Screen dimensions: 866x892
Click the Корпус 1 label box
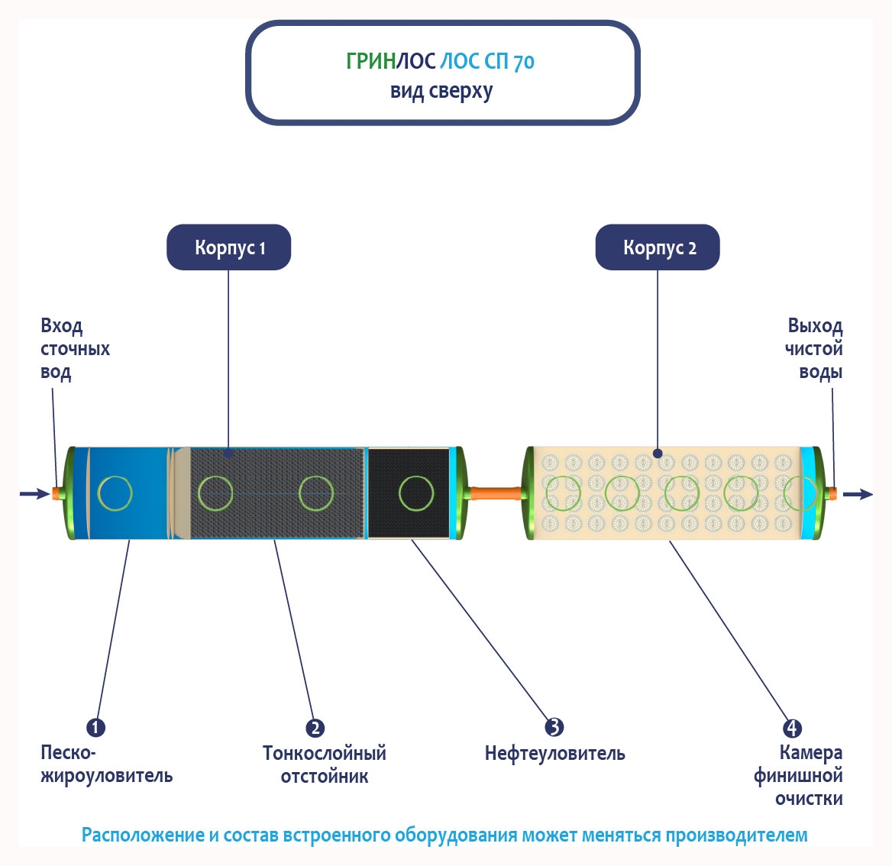[229, 247]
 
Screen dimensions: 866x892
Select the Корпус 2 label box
[658, 247]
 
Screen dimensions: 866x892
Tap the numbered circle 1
[95, 727]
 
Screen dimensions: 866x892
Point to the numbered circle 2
[315, 728]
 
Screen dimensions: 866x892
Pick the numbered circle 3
[554, 727]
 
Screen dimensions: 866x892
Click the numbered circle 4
[793, 728]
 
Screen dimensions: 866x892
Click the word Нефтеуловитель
[554, 754]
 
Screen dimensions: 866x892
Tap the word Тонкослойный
[325, 754]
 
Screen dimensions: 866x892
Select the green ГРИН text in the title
[370, 61]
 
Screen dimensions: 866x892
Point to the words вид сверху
[441, 92]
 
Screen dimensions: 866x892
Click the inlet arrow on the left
[34, 494]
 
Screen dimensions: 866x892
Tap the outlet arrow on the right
[858, 494]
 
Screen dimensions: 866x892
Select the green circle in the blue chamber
[115, 493]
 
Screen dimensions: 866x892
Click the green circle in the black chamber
[416, 493]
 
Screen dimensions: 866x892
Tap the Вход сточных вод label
[75, 349]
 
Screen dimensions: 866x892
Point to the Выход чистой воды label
[814, 349]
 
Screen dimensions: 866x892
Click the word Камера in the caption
[811, 753]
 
